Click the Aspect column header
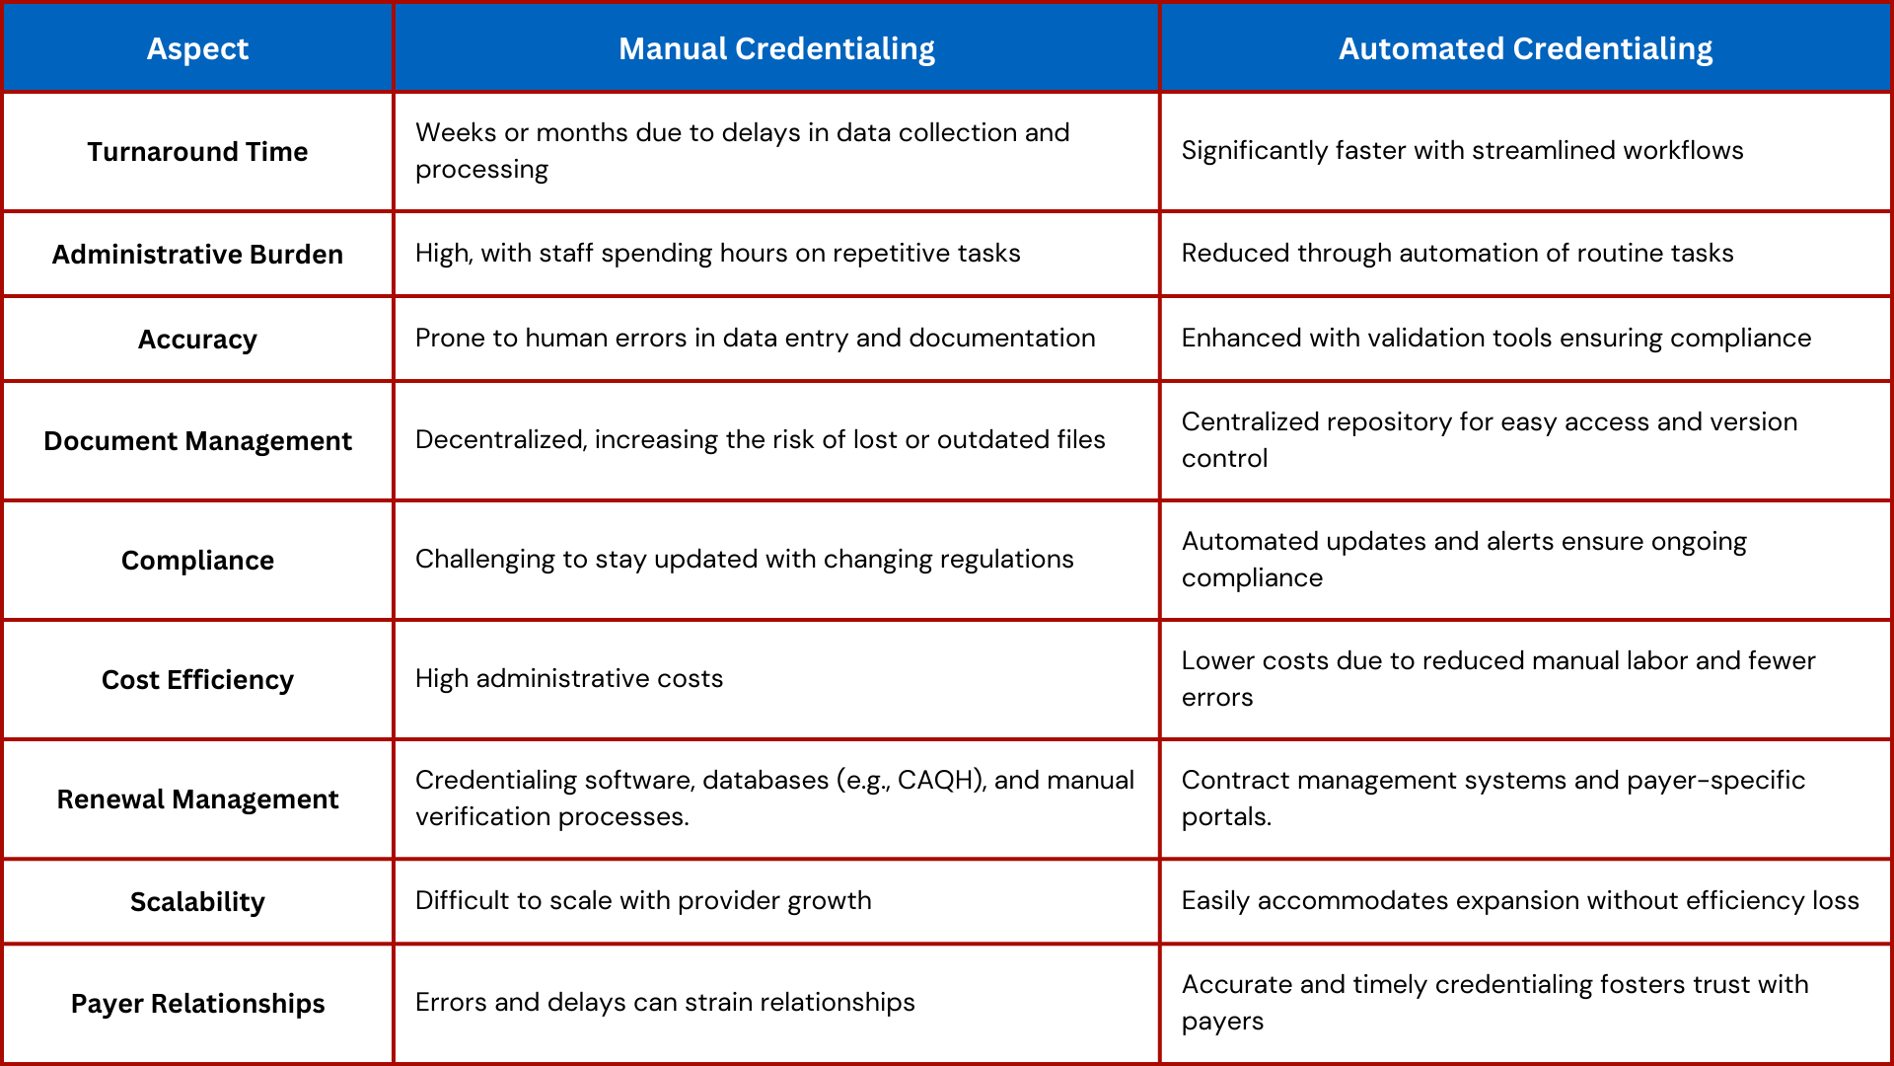click(x=197, y=48)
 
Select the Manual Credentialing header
click(x=776, y=48)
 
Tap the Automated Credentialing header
click(x=1525, y=48)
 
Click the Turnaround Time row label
click(x=197, y=152)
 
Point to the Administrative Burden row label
click(x=197, y=255)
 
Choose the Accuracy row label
click(x=197, y=340)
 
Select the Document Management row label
click(x=197, y=441)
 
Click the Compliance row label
click(x=197, y=561)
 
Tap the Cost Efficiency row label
click(x=197, y=680)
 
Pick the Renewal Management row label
click(x=197, y=799)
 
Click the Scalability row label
click(x=197, y=902)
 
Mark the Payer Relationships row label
click(x=197, y=1004)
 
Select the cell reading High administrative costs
click(x=569, y=679)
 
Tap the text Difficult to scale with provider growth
click(x=643, y=901)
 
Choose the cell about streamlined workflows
click(x=1462, y=151)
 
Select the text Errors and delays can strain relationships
click(x=665, y=1003)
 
